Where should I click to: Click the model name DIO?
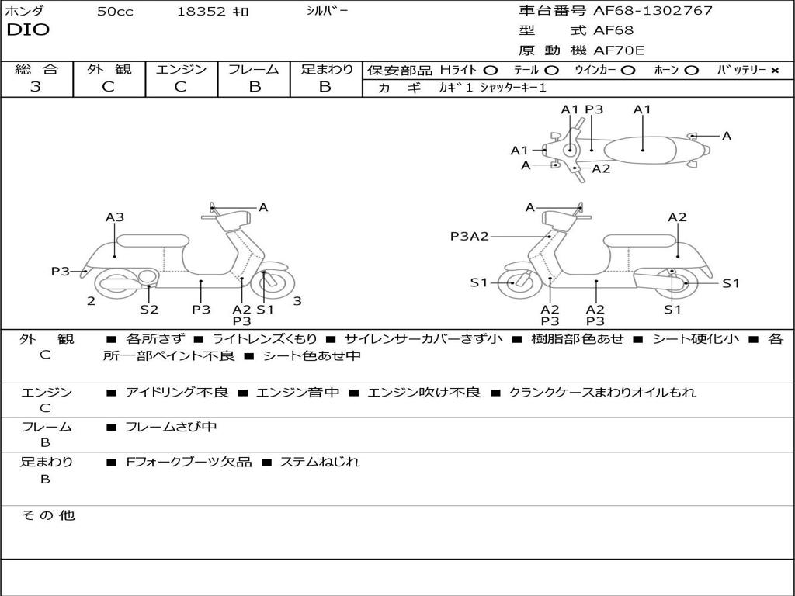pyautogui.click(x=28, y=30)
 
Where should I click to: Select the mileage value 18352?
pyautogui.click(x=200, y=12)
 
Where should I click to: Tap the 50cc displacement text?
pyautogui.click(x=115, y=12)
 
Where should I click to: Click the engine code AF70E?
pyautogui.click(x=619, y=50)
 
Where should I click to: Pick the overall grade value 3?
pyautogui.click(x=36, y=87)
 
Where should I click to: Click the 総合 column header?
pyautogui.click(x=36, y=69)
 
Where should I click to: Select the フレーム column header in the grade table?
pyautogui.click(x=254, y=69)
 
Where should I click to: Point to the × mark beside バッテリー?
pyautogui.click(x=774, y=70)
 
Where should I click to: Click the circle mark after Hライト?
pyautogui.click(x=490, y=70)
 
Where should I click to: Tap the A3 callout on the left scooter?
pyautogui.click(x=115, y=217)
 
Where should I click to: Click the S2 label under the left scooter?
pyautogui.click(x=149, y=309)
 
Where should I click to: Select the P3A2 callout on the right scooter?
pyautogui.click(x=469, y=236)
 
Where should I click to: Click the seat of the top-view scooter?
pyautogui.click(x=643, y=148)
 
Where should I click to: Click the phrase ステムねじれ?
pyautogui.click(x=319, y=462)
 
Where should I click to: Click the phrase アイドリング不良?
pyautogui.click(x=177, y=392)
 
